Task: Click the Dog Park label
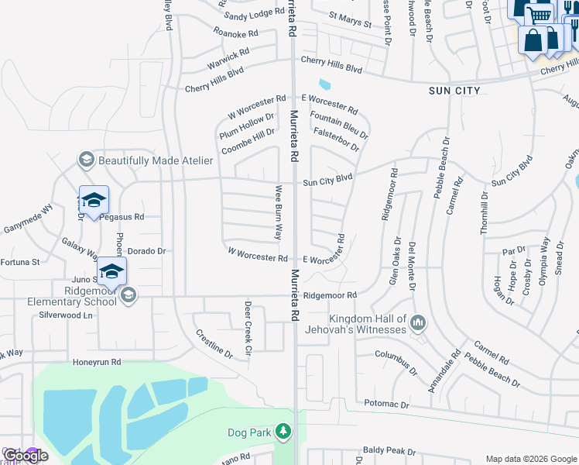[x=248, y=432]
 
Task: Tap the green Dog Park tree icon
[x=284, y=431]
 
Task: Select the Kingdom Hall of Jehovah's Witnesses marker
[x=418, y=321]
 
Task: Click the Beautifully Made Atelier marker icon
[x=86, y=160]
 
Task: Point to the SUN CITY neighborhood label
[x=455, y=91]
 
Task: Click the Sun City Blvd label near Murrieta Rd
[x=327, y=181]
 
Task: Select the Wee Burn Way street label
[x=278, y=212]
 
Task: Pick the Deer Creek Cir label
[x=248, y=329]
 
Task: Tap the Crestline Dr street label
[x=214, y=342]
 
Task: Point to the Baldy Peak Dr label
[x=389, y=450]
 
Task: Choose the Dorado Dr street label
[x=146, y=251]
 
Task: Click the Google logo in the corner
[x=26, y=456]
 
